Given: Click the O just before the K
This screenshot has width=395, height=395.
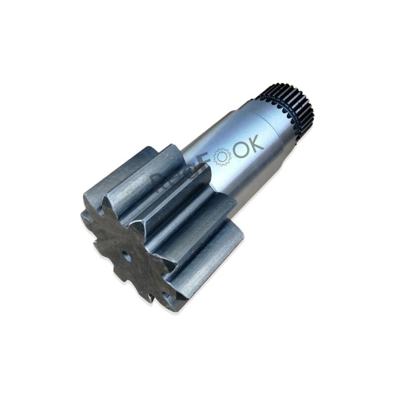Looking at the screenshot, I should (241, 151).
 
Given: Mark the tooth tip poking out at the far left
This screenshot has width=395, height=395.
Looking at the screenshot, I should (85, 217).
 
